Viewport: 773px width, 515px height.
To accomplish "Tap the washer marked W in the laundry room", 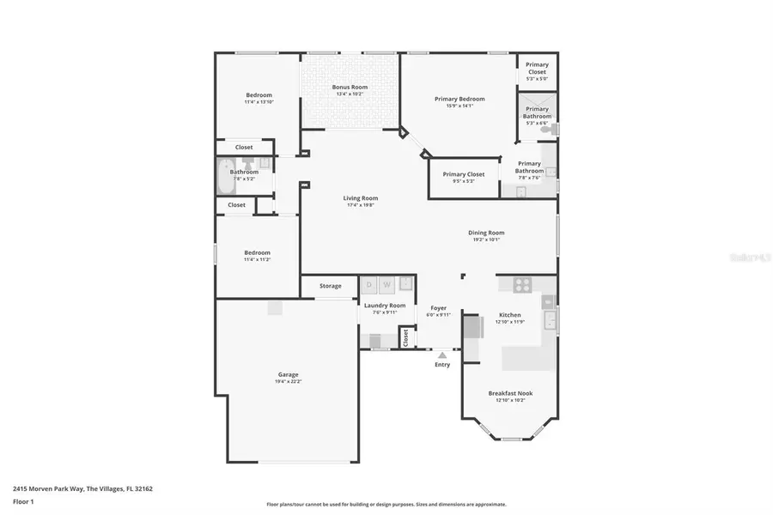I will [386, 284].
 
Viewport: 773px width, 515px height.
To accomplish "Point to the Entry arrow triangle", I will [442, 354].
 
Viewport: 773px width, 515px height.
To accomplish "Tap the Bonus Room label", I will [350, 88].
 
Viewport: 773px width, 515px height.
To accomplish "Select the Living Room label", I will [361, 198].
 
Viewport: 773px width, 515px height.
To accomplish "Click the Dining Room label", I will [486, 233].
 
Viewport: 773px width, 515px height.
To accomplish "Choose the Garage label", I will [288, 374].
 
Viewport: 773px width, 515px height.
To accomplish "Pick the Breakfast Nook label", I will [510, 393].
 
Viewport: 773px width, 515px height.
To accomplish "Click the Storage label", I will [330, 286].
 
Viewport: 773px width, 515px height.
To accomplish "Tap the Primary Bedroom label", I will [466, 99].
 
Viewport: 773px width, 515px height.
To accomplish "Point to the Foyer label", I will [438, 307].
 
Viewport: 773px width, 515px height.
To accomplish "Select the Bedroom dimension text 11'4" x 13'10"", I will [259, 102].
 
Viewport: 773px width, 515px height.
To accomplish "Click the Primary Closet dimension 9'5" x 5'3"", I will [464, 181].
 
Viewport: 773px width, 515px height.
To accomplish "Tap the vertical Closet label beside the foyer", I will [406, 337].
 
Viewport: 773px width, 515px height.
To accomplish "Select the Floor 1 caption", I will [22, 500].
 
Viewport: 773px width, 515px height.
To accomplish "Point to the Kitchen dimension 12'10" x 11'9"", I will [510, 322].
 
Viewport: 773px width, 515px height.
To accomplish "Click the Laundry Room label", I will [384, 306].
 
